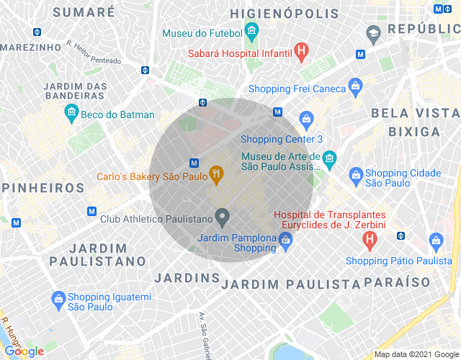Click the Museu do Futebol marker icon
tap(251, 31)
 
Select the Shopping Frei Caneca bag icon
tap(355, 86)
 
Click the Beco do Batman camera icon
tap(71, 112)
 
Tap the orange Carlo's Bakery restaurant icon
tap(215, 174)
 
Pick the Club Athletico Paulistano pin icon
tap(223, 216)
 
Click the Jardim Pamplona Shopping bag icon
tap(285, 245)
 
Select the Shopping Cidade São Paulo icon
tap(355, 174)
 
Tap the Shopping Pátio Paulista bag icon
tap(435, 240)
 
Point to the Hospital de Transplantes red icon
tap(370, 238)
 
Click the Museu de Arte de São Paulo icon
tap(329, 158)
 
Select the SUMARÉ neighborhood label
tap(84, 12)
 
